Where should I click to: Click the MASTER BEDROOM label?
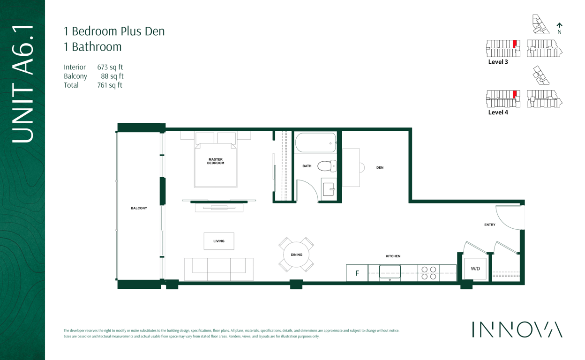tap(216, 161)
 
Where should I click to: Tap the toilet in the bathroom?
tap(327, 166)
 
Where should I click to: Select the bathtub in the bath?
tap(315, 142)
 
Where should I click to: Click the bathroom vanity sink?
tap(329, 189)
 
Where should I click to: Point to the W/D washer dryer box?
tap(475, 269)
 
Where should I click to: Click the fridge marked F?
tap(357, 273)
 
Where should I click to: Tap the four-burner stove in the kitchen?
tap(428, 273)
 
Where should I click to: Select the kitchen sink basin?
tap(390, 272)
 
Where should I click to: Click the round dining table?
tap(296, 255)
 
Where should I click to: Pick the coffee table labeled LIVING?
tap(219, 241)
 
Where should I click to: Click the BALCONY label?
tap(139, 208)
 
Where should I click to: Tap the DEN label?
tap(380, 168)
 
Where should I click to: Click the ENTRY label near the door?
tap(490, 225)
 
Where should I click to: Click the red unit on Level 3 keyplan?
tap(515, 44)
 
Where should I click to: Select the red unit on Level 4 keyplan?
tap(515, 94)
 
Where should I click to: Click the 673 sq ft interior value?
tap(110, 67)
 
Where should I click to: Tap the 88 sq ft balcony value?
tap(112, 76)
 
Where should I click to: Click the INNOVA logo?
tap(517, 330)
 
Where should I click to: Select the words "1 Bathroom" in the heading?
tap(93, 47)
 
